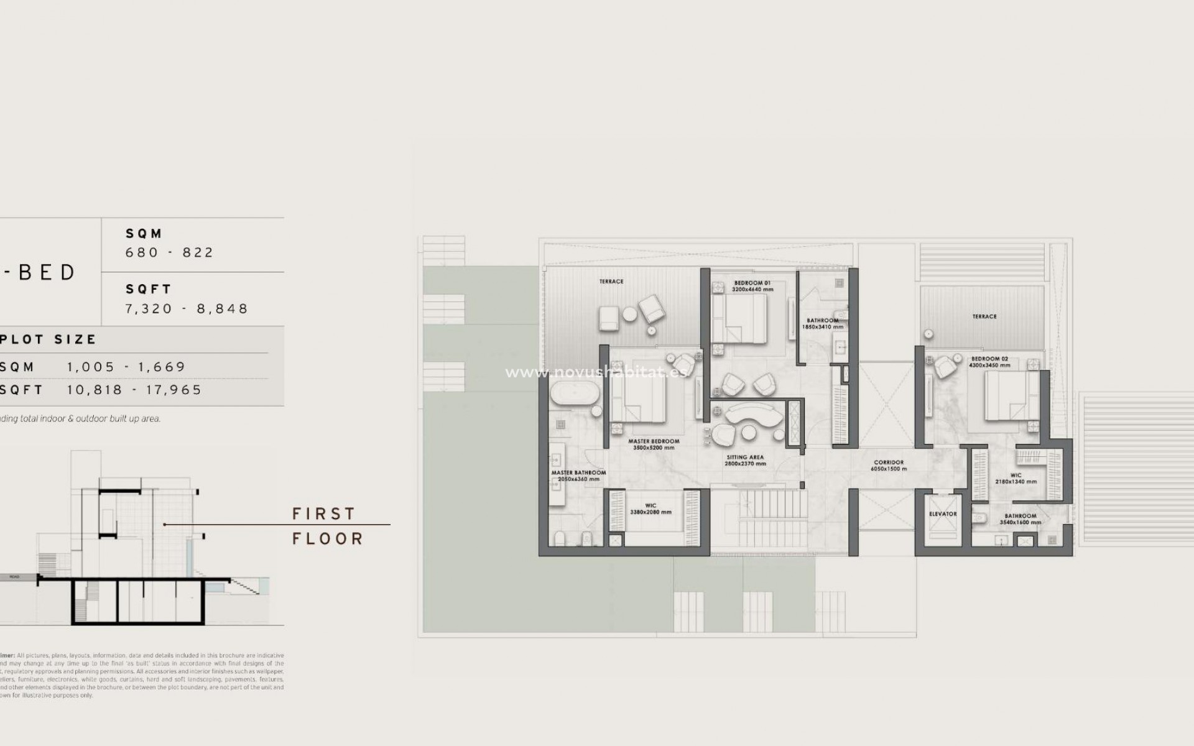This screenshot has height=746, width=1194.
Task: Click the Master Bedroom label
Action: pos(654,441)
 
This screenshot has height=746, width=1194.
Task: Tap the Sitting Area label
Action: pos(745,457)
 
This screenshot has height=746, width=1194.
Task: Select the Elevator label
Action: pos(943,514)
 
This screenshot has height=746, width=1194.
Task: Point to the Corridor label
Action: pos(889,463)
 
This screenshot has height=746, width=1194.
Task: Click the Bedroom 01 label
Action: pos(752,283)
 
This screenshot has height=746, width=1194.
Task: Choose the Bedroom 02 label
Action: pos(989,359)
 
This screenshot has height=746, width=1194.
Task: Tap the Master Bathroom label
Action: pos(578,473)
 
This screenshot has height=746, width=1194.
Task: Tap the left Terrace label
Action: pos(611,282)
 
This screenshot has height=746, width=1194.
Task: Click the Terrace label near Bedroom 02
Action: pos(984,316)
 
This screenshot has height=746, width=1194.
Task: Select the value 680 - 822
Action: pos(170,252)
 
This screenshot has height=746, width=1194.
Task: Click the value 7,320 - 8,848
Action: pos(187,308)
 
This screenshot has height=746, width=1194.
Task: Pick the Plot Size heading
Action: pos(49,339)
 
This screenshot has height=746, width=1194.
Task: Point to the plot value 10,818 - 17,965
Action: pos(134,390)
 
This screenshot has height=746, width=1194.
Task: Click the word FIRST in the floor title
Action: pos(323,513)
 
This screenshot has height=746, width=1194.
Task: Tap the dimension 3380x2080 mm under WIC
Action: pos(650,512)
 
